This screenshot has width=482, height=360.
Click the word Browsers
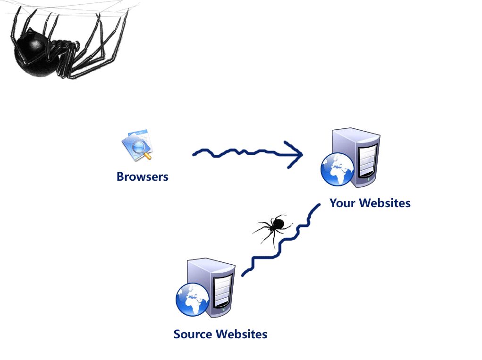142,177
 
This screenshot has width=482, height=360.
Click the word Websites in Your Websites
384,203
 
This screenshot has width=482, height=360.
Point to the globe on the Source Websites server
192,300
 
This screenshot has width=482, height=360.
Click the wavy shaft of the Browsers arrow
236,153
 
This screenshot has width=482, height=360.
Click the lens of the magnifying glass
139,148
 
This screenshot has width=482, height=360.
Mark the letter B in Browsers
120,177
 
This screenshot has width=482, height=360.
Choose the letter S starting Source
178,335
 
